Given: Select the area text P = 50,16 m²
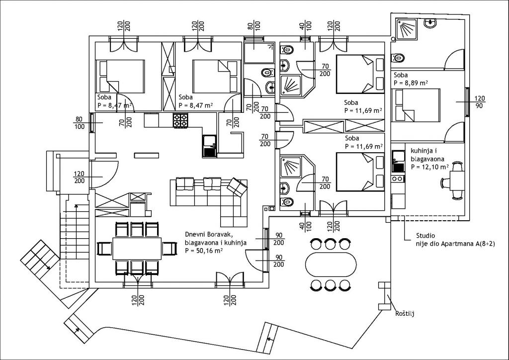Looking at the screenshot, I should pos(203,251).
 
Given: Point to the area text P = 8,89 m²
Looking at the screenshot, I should pos(411,83).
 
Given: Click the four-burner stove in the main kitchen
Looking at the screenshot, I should pos(180,120).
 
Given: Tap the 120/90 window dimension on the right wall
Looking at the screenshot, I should pos(480,102).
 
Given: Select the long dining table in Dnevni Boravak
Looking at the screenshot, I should pos(137,248).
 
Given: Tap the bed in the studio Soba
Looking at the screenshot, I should pos(416,105).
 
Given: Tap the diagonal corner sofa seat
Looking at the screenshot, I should pos(237,186).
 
